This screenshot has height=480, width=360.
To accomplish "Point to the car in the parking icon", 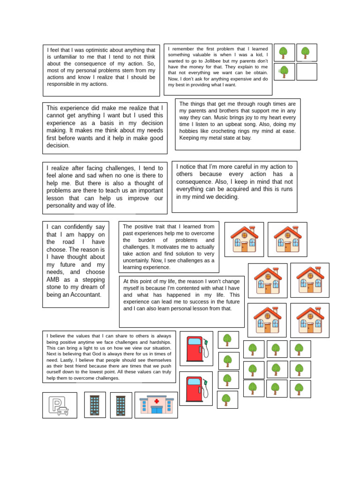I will coord(63,411).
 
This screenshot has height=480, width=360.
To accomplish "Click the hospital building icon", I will coord(156,405).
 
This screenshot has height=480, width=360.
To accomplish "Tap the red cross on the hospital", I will coord(157,401).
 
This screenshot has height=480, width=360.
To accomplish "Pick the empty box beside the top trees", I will coord(307,72).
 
